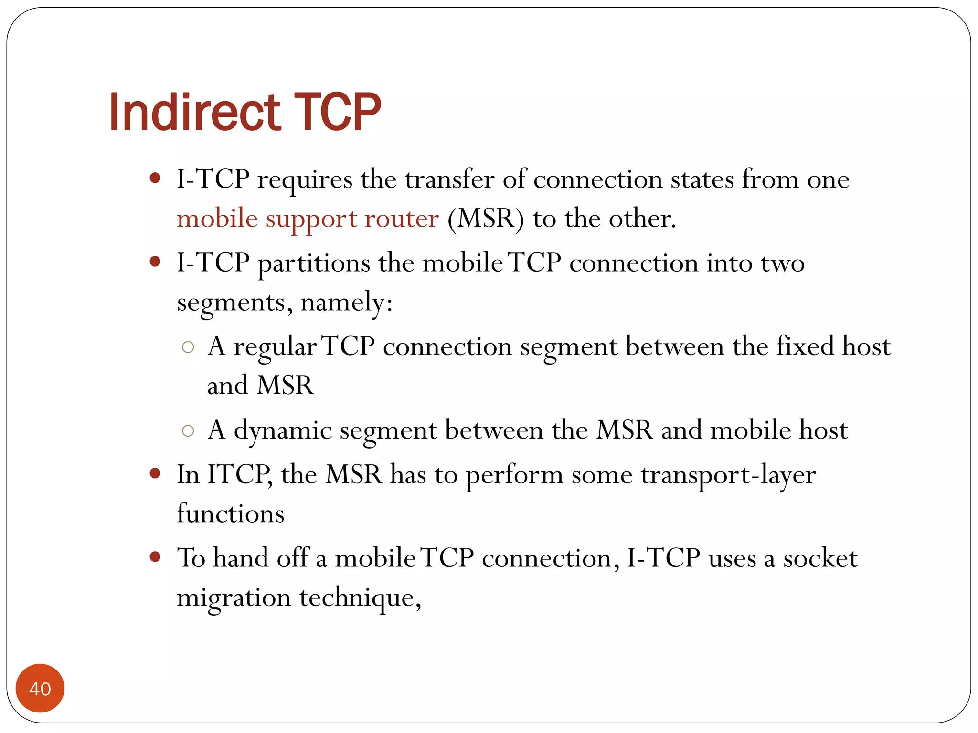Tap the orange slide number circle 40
pyautogui.click(x=40, y=688)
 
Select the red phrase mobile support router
pyautogui.click(x=308, y=219)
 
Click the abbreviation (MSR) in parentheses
pyautogui.click(x=485, y=219)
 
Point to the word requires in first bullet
pyautogui.click(x=305, y=180)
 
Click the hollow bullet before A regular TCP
pyautogui.click(x=188, y=347)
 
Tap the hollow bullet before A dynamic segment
pyautogui.click(x=188, y=431)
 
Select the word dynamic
pyautogui.click(x=283, y=431)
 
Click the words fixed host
pyautogui.click(x=833, y=346)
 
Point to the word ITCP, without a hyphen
pyautogui.click(x=240, y=475)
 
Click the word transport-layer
pyautogui.click(x=728, y=475)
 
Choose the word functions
pyautogui.click(x=231, y=514)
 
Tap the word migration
pyautogui.click(x=234, y=597)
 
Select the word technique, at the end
pyautogui.click(x=360, y=597)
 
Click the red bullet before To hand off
pyautogui.click(x=155, y=556)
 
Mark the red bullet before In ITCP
pyautogui.click(x=155, y=473)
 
